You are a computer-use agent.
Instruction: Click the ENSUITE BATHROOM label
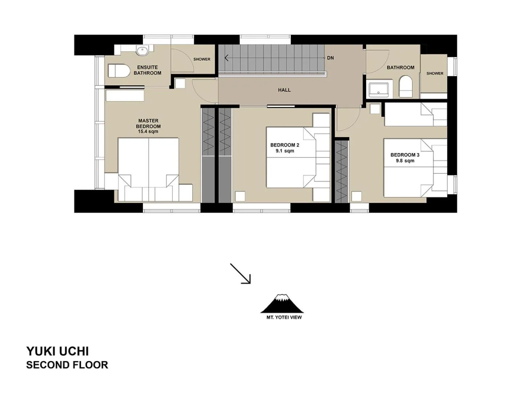[x=147, y=70]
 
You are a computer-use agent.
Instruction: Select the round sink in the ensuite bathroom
[x=142, y=51]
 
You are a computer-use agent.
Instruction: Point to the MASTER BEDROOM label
[x=148, y=123]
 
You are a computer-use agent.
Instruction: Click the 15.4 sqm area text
[x=148, y=132]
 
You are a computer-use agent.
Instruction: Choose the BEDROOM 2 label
[x=285, y=145]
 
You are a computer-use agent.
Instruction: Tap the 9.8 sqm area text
[x=405, y=161]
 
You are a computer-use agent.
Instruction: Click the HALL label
[x=284, y=90]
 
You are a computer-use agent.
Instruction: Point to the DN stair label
[x=330, y=58]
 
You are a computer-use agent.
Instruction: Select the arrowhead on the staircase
[x=227, y=58]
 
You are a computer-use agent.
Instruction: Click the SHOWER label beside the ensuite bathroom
[x=202, y=59]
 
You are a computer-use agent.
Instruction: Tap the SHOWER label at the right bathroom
[x=435, y=73]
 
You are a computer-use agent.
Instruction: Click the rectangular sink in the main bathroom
[x=378, y=90]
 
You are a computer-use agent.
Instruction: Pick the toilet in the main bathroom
[x=406, y=87]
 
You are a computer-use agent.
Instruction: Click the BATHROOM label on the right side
[x=400, y=68]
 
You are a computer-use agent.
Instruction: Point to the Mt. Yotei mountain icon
[x=282, y=304]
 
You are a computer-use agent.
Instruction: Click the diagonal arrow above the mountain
[x=241, y=273]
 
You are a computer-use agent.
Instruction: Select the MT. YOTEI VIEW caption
[x=284, y=317]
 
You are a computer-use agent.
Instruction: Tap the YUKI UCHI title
[x=57, y=351]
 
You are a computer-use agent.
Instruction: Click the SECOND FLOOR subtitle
[x=67, y=365]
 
